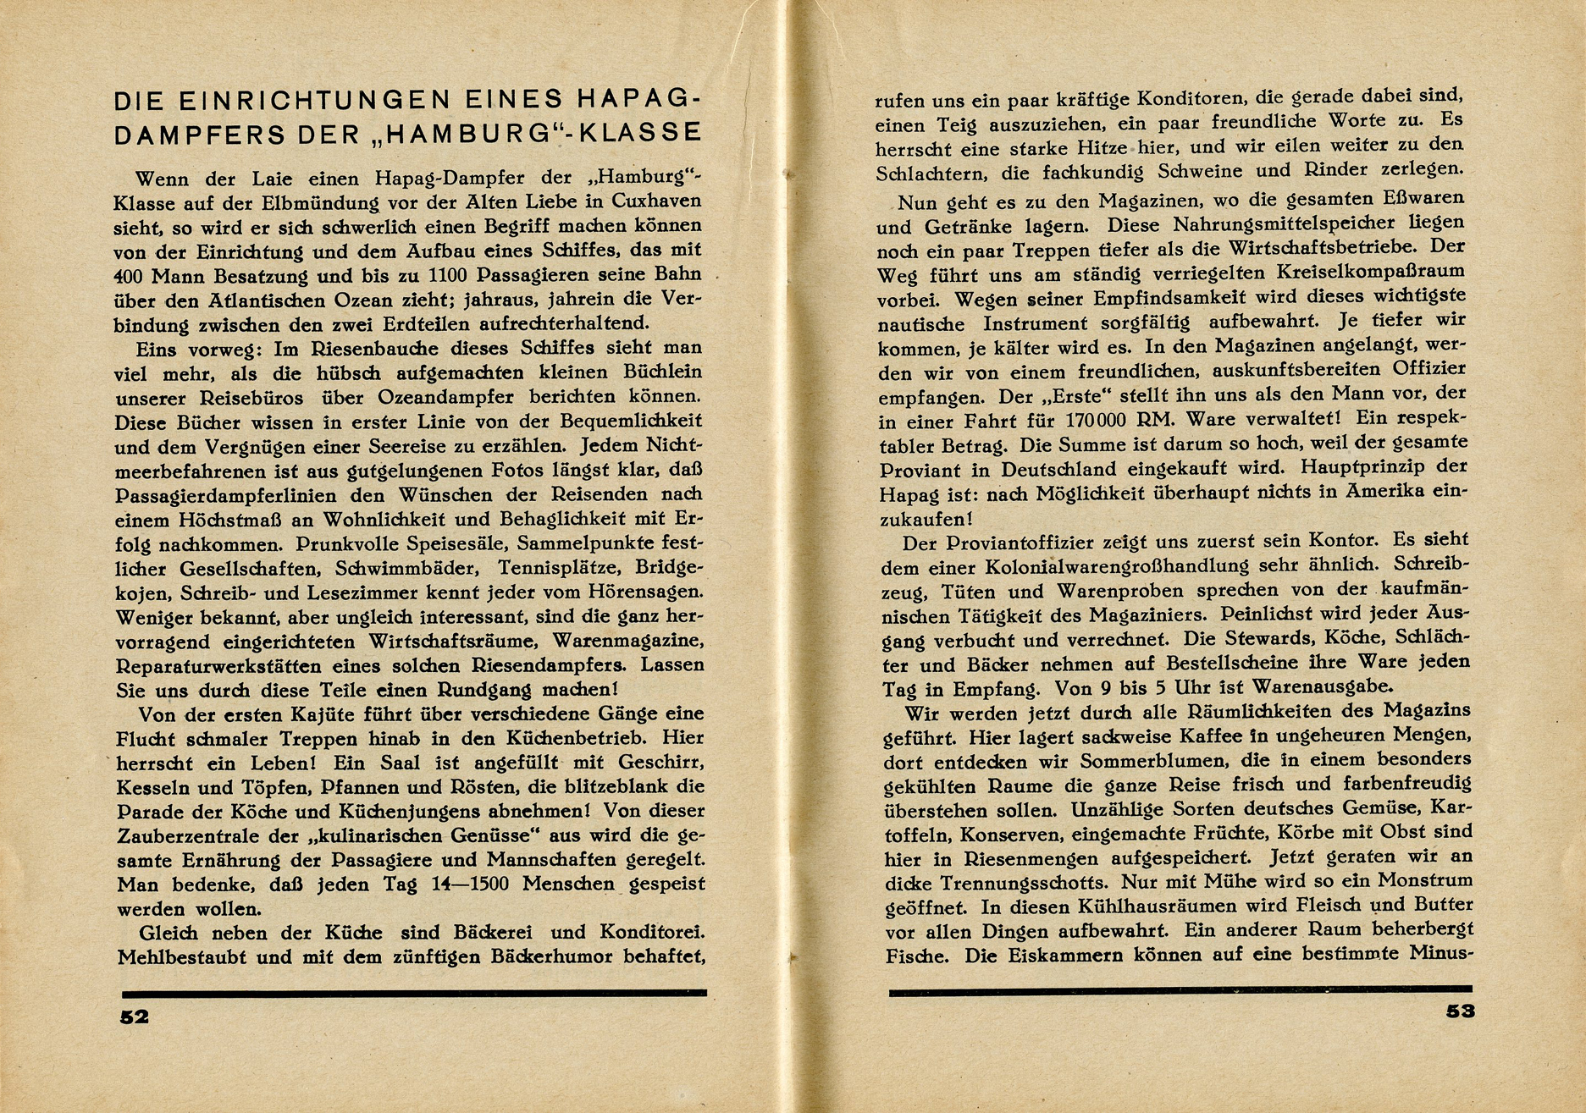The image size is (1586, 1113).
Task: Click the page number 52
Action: tap(134, 1017)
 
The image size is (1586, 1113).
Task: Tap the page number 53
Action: tap(1456, 1012)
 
